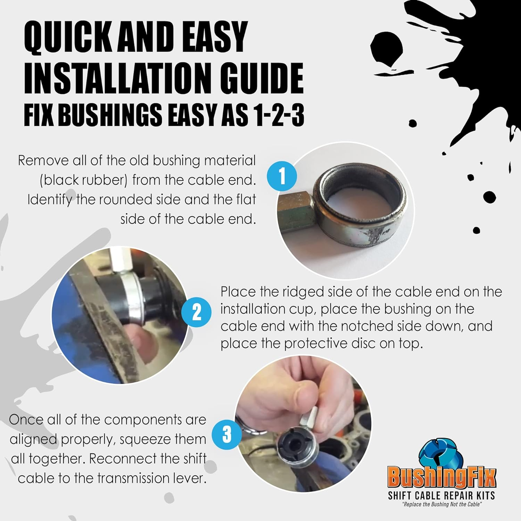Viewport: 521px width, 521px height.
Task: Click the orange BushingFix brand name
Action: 441,478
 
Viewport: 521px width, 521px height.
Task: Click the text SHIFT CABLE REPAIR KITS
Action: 441,495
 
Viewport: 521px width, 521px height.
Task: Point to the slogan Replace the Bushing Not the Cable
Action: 442,504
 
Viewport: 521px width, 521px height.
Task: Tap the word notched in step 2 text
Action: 366,326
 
